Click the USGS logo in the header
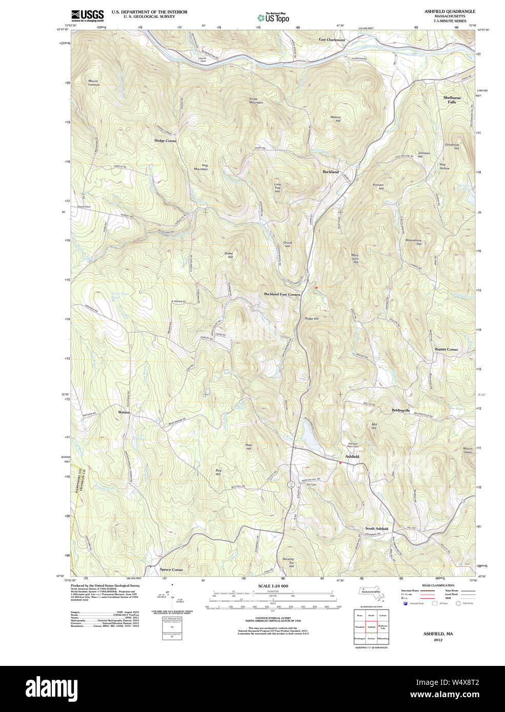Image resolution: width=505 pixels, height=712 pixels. click(87, 15)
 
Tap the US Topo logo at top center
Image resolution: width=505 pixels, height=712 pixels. click(273, 17)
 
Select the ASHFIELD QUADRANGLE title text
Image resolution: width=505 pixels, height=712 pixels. click(450, 11)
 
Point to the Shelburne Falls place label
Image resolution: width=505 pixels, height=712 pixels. click(452, 99)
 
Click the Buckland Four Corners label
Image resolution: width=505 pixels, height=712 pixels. click(282, 295)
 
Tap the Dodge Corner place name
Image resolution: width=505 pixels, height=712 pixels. click(165, 140)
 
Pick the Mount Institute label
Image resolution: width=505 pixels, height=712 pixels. click(93, 82)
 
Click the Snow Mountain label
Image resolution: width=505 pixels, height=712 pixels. click(255, 101)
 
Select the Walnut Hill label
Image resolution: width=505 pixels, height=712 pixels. click(335, 119)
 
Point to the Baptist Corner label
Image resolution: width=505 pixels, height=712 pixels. click(446, 349)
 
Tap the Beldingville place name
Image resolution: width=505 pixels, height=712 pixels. click(400, 410)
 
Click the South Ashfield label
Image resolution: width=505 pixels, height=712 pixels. click(376, 529)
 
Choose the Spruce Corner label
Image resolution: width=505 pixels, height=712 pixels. click(171, 570)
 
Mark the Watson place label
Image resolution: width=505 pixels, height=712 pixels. click(124, 412)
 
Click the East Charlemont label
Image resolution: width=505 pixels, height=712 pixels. click(332, 39)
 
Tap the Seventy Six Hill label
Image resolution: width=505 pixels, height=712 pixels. click(288, 562)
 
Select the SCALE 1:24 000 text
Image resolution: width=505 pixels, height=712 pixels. click(273, 586)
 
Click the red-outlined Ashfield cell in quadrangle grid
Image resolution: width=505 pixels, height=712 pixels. click(371, 626)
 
